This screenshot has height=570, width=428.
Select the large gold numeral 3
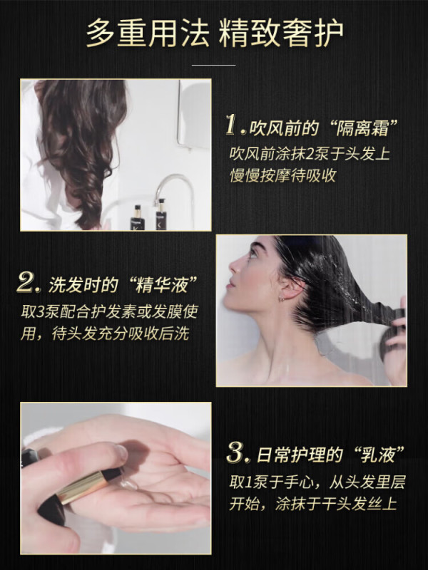click(237, 452)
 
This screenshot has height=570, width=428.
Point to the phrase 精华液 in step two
click(161, 284)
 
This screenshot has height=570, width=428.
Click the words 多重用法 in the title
click(148, 33)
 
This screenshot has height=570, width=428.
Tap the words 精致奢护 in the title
click(281, 33)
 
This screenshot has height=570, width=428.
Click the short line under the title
click(213, 65)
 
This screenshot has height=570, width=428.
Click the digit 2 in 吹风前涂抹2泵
click(310, 154)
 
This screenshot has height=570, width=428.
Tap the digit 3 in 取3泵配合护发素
click(41, 312)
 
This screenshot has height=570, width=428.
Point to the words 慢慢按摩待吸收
click(282, 175)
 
